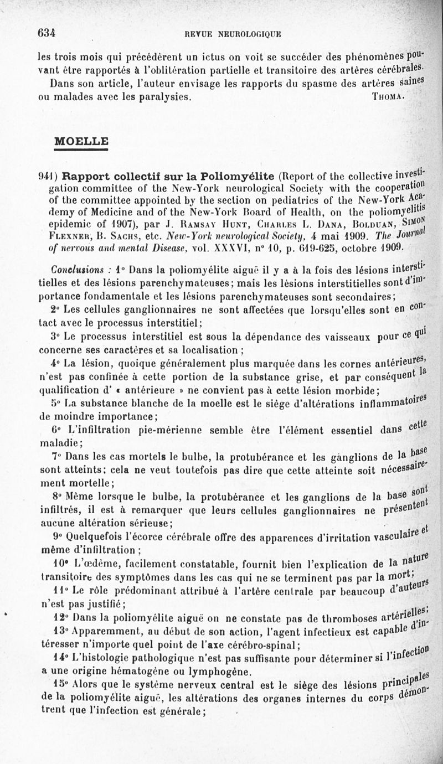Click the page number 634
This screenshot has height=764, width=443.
(x=47, y=33)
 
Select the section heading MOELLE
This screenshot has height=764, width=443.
(x=80, y=141)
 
